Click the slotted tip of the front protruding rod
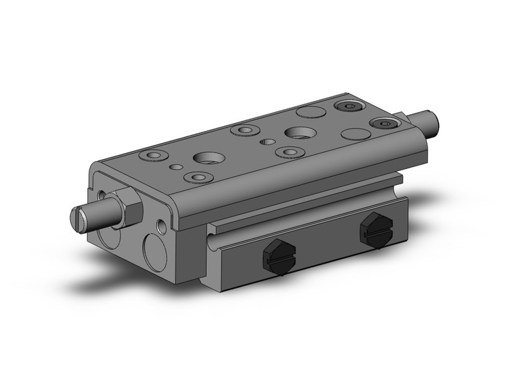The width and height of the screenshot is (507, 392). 79,218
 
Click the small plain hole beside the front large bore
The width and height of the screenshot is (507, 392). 176,166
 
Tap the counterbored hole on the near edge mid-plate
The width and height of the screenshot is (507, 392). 289,152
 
